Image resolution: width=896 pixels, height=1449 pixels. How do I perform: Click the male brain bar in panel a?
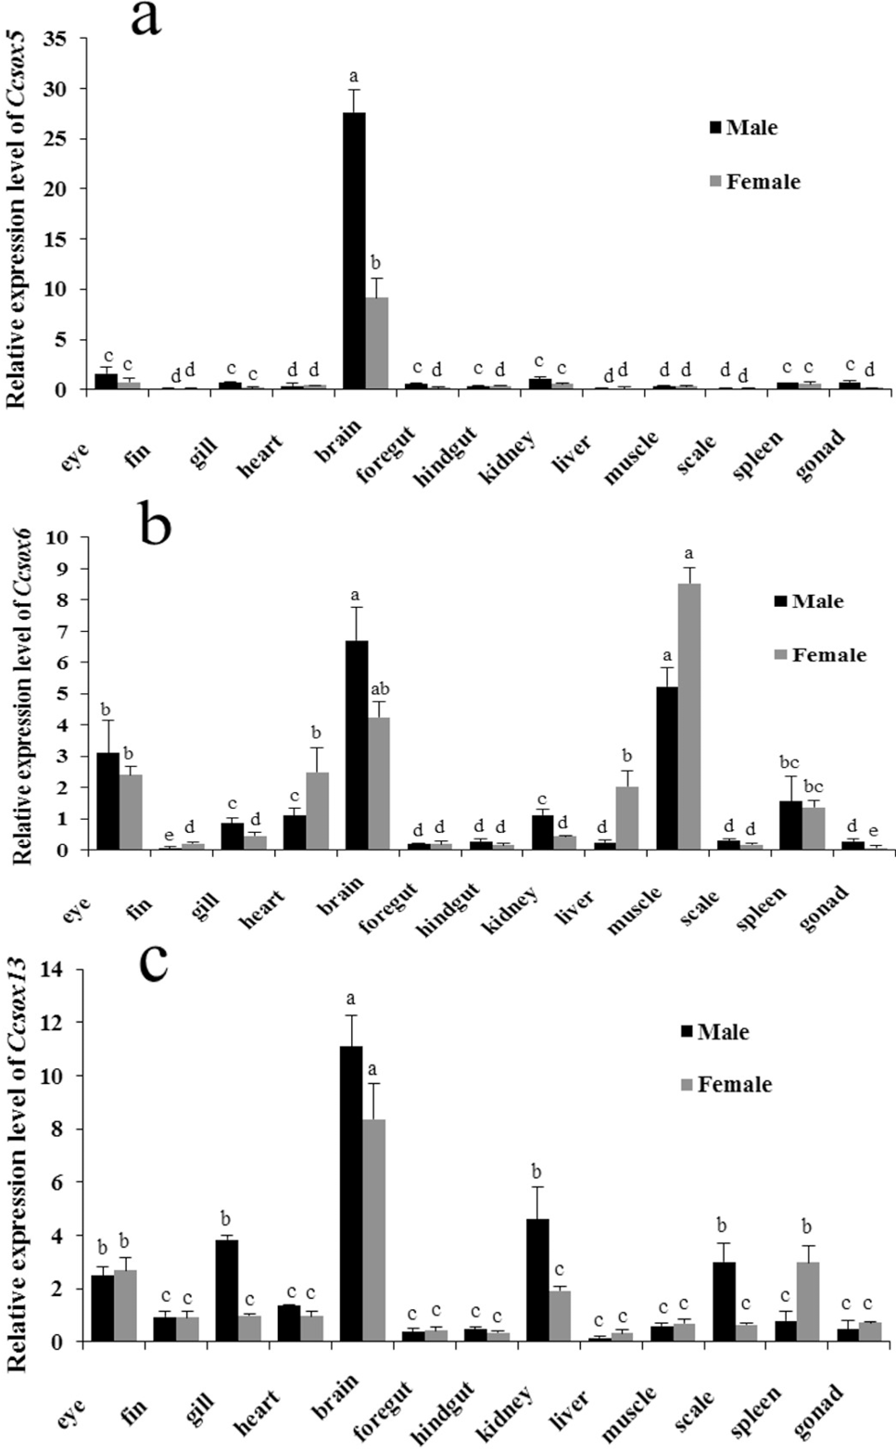(x=354, y=250)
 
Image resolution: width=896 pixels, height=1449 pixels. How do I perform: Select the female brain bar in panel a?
(x=376, y=343)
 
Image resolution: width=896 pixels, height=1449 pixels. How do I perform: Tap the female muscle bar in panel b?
(x=689, y=716)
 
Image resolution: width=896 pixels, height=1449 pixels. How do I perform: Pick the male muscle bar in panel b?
(x=667, y=768)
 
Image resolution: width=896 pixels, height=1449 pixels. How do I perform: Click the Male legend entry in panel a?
(x=743, y=128)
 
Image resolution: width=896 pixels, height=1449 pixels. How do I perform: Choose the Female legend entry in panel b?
(x=820, y=655)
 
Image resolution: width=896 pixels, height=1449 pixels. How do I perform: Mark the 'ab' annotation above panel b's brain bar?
(x=379, y=689)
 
